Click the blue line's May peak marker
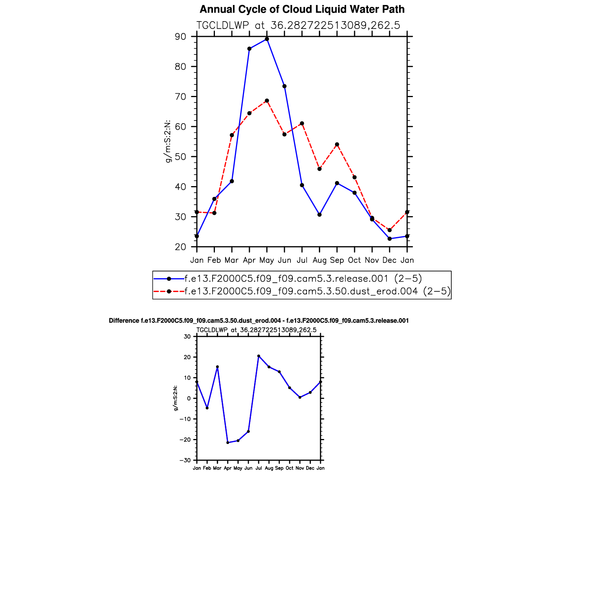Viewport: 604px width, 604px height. coord(267,39)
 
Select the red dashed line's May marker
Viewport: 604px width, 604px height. coord(267,101)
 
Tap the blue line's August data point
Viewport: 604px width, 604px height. coord(319,215)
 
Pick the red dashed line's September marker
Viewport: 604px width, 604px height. coord(337,145)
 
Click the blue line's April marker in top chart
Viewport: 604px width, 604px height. coord(249,49)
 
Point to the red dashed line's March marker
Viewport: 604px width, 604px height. coord(232,135)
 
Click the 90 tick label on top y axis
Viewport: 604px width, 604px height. coord(180,37)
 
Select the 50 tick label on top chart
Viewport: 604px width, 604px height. coord(180,157)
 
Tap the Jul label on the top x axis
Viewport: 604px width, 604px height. coord(302,260)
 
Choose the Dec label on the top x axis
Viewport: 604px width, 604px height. coord(389,260)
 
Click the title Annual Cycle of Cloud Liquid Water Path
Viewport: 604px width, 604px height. coord(302,9)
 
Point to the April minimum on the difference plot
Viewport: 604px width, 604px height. coord(228,442)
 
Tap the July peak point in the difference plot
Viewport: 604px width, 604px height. coord(259,356)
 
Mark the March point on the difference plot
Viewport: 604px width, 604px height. coord(217,367)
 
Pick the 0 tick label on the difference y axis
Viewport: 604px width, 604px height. coord(189,398)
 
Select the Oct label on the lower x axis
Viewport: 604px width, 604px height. coord(289,468)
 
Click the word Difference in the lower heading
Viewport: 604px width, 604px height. coord(124,321)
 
